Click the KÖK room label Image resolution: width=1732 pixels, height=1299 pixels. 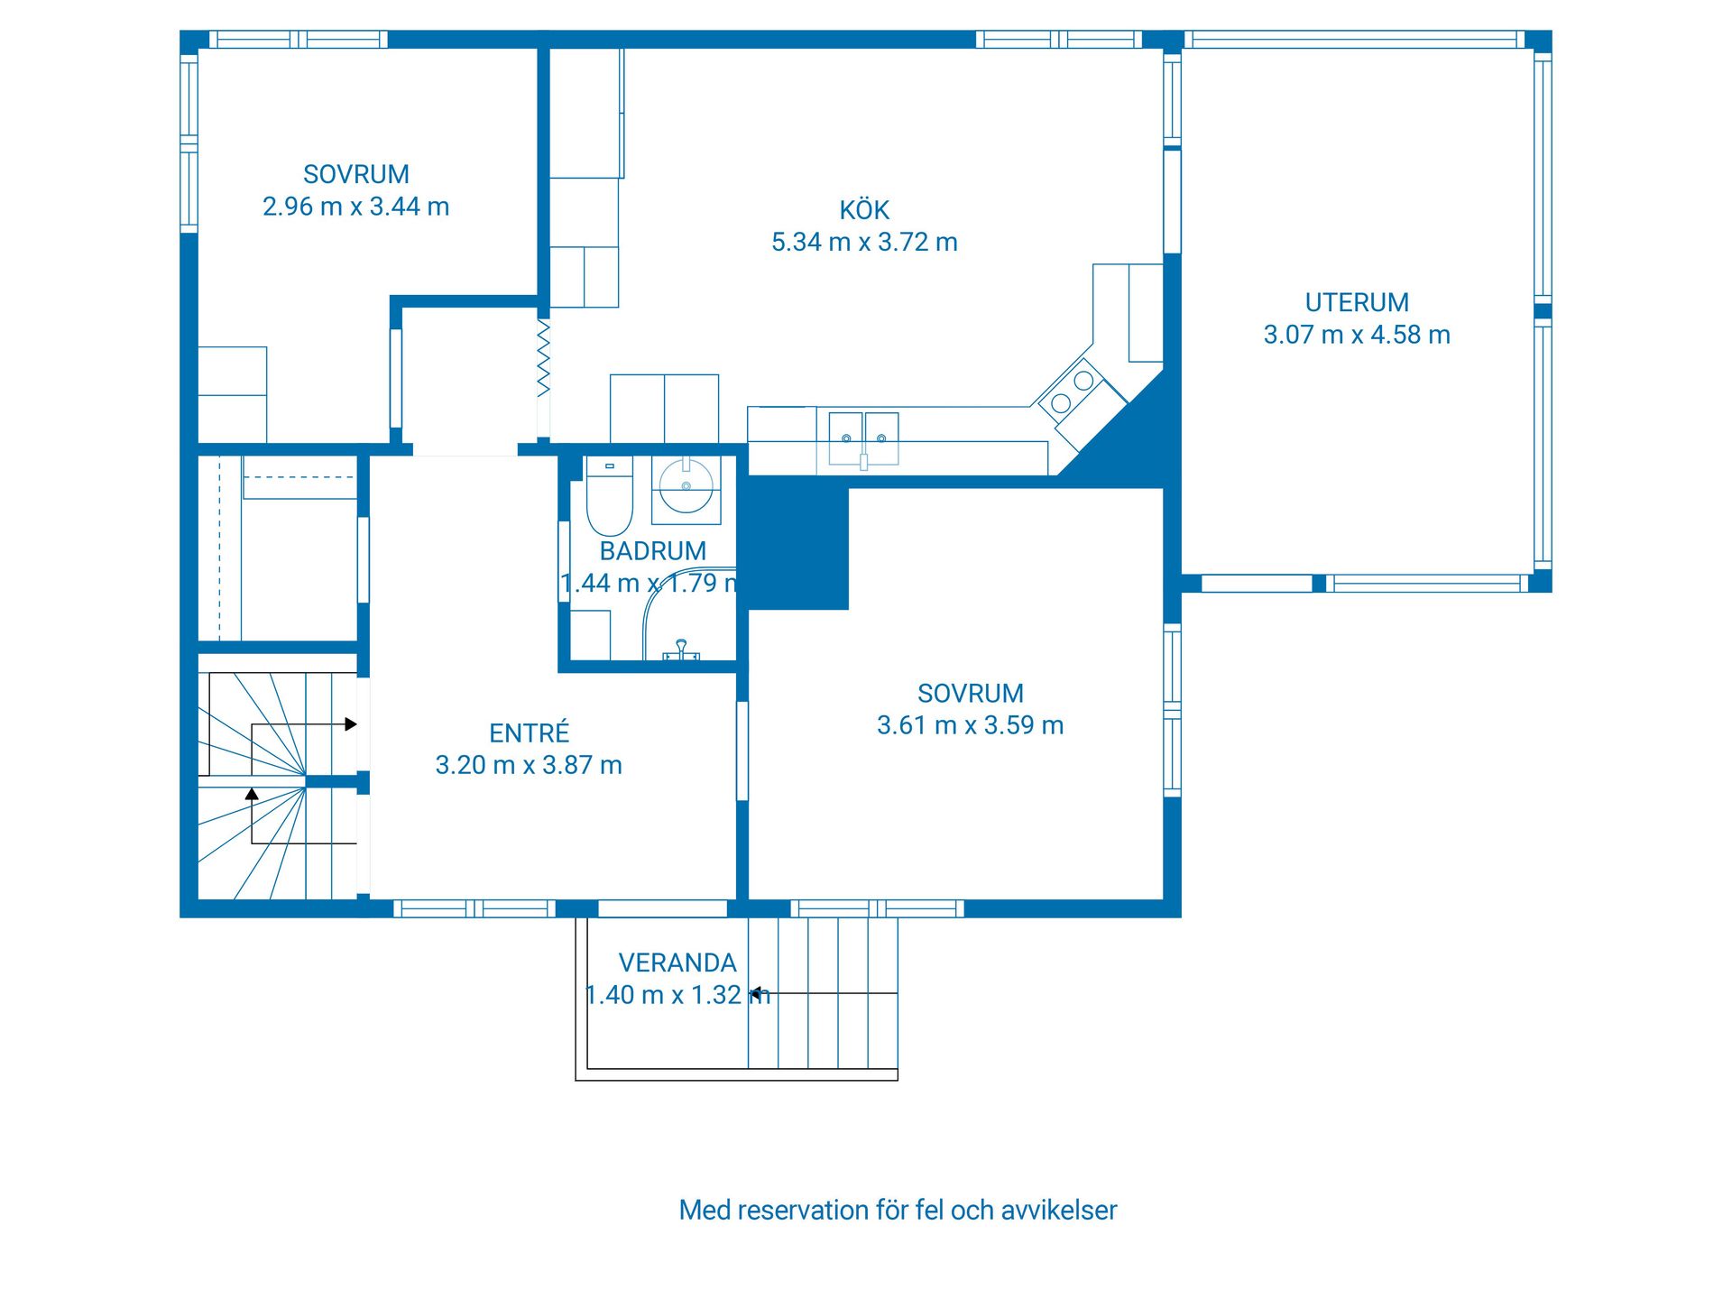click(864, 209)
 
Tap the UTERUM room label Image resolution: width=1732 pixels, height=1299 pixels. click(1357, 302)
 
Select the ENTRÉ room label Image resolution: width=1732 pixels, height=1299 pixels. click(530, 732)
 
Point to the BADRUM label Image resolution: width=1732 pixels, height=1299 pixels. click(653, 551)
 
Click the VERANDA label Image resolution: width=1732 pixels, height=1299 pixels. click(677, 963)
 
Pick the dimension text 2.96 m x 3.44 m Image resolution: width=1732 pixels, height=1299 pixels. click(355, 207)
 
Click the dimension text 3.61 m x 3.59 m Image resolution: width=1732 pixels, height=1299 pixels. click(971, 725)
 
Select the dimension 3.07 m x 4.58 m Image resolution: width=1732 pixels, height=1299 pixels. click(1357, 335)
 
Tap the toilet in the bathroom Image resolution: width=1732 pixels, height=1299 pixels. click(610, 496)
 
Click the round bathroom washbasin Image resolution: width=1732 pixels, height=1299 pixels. click(686, 485)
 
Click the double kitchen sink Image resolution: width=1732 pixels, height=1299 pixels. click(864, 438)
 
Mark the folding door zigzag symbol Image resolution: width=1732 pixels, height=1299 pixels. click(544, 358)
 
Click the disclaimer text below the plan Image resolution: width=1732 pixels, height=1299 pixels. click(898, 1210)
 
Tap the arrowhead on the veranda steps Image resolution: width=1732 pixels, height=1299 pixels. click(754, 993)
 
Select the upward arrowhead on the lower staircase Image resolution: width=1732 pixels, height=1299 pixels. click(252, 795)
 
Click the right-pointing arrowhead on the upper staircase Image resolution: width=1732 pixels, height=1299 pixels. click(351, 723)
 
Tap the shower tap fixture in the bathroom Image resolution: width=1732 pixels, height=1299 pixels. click(682, 650)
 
